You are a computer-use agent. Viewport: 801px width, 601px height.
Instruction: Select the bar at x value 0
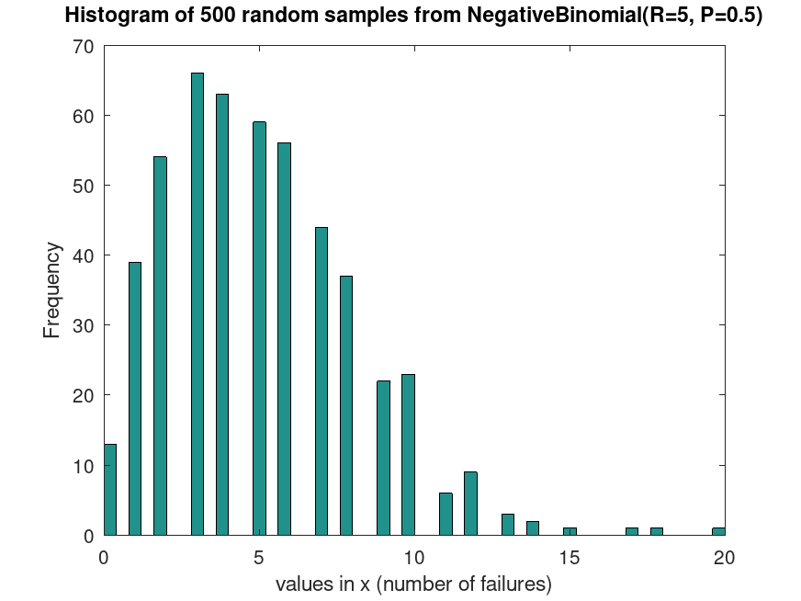(x=109, y=489)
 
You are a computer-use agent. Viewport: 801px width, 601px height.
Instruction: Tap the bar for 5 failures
(x=259, y=328)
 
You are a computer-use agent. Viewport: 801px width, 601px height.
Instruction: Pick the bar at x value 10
(x=408, y=454)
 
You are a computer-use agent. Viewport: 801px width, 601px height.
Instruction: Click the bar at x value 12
(x=470, y=503)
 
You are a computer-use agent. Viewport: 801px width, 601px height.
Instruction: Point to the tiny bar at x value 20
(x=718, y=531)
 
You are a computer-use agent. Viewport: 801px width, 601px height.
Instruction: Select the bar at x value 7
(x=322, y=380)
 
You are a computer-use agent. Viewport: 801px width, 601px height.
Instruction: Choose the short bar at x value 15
(x=570, y=531)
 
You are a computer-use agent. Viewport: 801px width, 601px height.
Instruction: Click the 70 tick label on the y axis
(x=84, y=46)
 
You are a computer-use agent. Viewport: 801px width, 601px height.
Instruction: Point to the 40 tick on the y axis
(x=84, y=255)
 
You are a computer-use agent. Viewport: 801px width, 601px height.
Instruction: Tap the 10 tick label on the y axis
(x=84, y=465)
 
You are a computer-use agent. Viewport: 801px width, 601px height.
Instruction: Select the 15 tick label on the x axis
(x=570, y=556)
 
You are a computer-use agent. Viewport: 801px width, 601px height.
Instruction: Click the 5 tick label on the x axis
(x=259, y=556)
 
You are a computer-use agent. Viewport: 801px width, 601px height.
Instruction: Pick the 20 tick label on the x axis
(x=724, y=556)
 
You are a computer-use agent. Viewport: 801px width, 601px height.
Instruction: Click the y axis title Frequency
(x=52, y=290)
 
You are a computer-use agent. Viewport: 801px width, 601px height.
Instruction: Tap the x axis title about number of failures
(x=413, y=584)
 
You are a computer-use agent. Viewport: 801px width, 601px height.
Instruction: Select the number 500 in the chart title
(x=206, y=16)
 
